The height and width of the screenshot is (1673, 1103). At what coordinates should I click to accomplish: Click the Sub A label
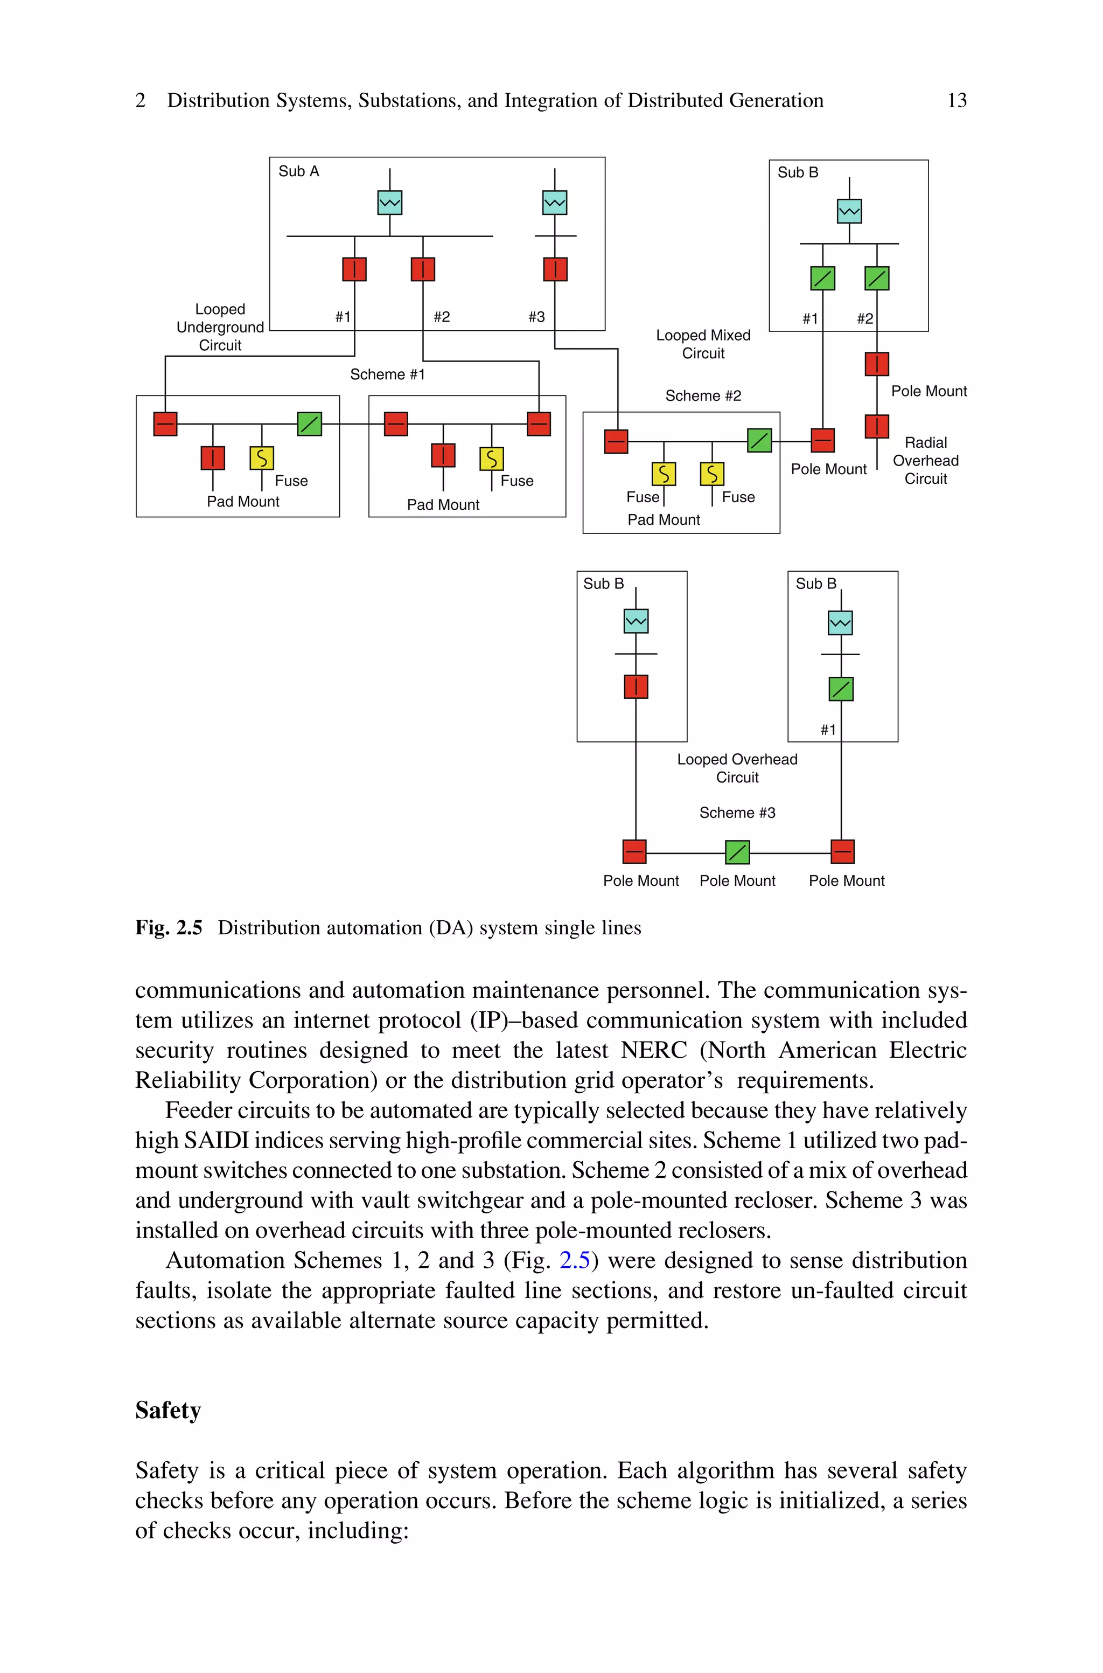[298, 171]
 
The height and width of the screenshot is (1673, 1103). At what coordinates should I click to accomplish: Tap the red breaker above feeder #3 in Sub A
[555, 269]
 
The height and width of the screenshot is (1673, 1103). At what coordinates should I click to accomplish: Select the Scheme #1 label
[388, 374]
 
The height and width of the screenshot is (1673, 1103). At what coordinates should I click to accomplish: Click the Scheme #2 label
[703, 395]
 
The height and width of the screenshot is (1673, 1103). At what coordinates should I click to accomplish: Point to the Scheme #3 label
[737, 813]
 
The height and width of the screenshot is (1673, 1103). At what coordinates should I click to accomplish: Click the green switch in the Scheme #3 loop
[737, 852]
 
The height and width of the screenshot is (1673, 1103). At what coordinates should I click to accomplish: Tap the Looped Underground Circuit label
[220, 327]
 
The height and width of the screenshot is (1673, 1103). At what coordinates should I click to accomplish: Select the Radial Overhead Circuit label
[925, 460]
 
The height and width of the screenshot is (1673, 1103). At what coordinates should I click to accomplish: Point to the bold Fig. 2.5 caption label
[169, 928]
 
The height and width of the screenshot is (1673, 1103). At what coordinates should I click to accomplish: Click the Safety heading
[168, 1410]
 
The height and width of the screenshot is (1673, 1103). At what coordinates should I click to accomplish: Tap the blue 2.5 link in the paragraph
[574, 1260]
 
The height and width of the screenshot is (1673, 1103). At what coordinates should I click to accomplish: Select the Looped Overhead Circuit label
[737, 768]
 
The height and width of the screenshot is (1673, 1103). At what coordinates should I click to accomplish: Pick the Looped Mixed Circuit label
[703, 344]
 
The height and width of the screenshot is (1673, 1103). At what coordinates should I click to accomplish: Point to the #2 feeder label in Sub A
[442, 317]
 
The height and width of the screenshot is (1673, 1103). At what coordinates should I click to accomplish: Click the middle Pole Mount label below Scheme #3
[737, 881]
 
